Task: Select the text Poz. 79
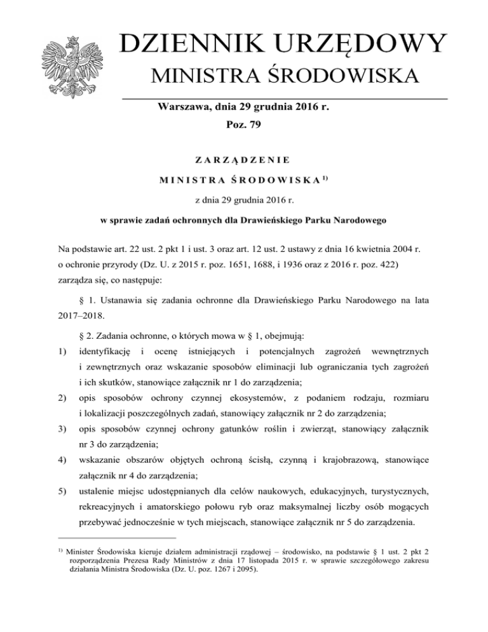tap(245, 127)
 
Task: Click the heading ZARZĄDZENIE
tap(244, 161)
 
